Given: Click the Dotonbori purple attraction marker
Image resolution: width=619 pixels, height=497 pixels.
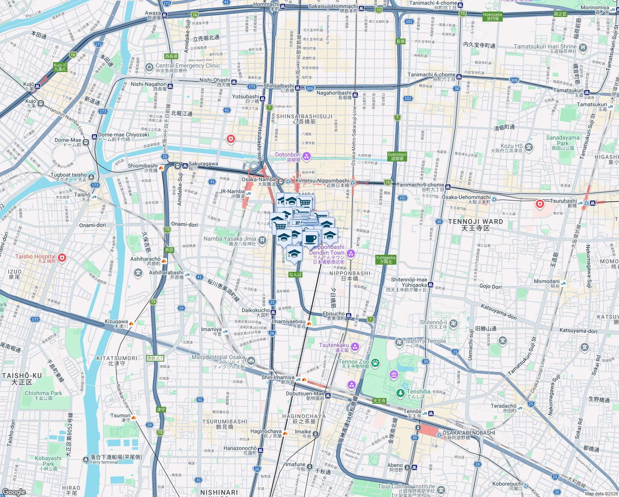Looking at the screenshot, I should click(307, 156).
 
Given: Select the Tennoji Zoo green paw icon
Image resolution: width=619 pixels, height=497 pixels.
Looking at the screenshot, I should click(375, 363).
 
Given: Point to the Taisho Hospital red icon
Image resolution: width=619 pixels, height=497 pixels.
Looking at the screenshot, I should click(62, 258).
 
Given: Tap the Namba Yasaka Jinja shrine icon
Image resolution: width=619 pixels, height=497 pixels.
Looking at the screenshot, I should click(262, 240).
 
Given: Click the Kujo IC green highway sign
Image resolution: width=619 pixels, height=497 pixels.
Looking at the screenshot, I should click(60, 67).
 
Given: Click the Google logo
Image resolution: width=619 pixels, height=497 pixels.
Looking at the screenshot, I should click(14, 492).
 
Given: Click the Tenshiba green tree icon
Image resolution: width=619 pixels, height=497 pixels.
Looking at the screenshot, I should click(400, 393).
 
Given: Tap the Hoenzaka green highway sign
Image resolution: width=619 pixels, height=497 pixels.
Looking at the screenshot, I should click(492, 17).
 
